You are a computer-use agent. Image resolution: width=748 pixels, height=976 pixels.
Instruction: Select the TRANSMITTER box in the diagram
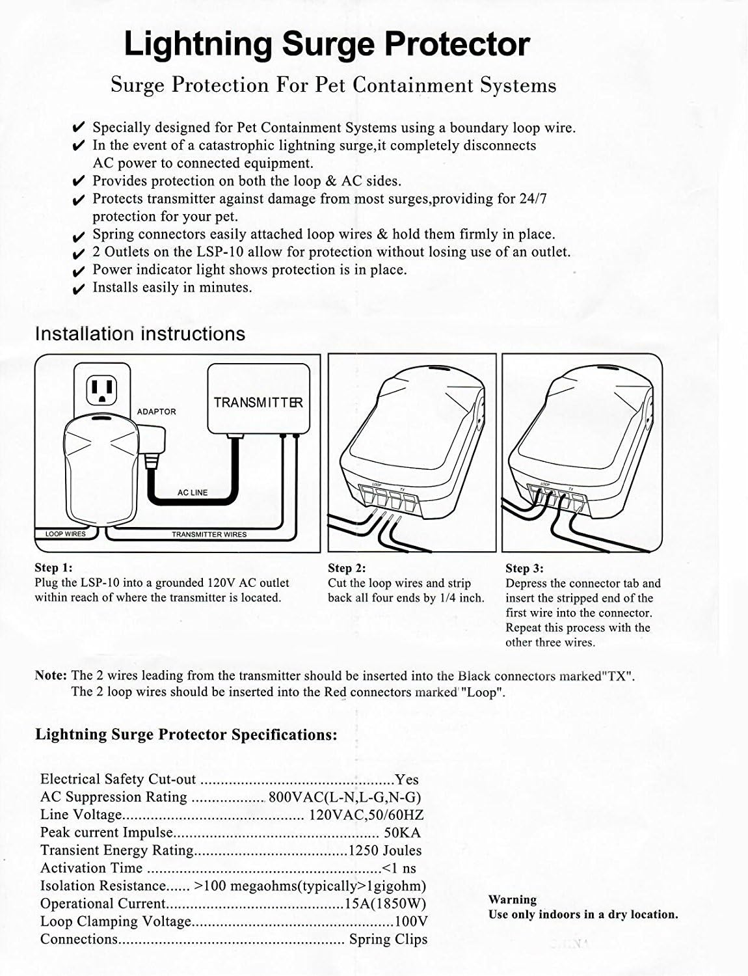tap(258, 398)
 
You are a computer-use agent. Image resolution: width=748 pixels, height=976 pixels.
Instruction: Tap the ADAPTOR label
tap(156, 412)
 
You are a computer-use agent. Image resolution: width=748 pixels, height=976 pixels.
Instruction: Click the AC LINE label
tap(193, 493)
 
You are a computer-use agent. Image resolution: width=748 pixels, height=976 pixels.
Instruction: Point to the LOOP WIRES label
tap(65, 534)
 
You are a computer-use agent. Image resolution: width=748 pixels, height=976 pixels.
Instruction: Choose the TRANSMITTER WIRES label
tap(209, 534)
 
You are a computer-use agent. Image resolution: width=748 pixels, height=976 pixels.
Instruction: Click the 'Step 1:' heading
tap(53, 568)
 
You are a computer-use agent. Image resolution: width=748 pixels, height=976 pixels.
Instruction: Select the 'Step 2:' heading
tap(347, 568)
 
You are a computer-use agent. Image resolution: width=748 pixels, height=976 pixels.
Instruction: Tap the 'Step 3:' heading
tap(524, 568)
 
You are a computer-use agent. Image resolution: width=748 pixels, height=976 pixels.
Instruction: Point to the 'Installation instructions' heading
tap(140, 334)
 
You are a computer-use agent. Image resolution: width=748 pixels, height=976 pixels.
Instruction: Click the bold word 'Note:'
tap(51, 676)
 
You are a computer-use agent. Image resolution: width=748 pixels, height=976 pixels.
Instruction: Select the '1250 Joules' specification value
tap(385, 850)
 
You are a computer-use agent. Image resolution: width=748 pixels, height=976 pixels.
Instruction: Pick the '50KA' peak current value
tap(403, 833)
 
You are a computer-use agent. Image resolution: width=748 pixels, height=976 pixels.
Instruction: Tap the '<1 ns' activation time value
tap(399, 868)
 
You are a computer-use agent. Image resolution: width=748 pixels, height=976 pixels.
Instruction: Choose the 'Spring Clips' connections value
tap(388, 939)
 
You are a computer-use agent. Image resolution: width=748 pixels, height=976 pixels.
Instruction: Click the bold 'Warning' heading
tap(513, 900)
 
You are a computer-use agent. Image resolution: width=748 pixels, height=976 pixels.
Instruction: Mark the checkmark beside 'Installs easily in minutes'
tap(79, 289)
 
